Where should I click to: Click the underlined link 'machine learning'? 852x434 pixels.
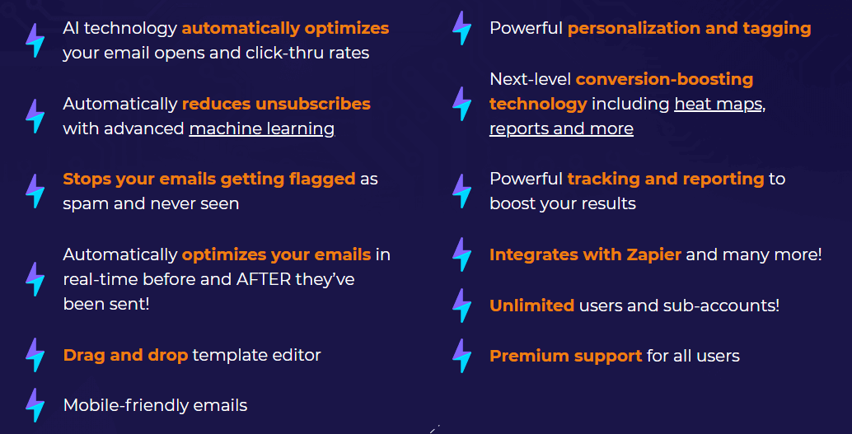tap(261, 129)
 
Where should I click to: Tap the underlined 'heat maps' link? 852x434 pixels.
tap(718, 104)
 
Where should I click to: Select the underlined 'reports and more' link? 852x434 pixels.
tap(561, 129)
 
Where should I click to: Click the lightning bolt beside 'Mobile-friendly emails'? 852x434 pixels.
tap(35, 404)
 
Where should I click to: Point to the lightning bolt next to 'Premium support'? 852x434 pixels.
tap(462, 356)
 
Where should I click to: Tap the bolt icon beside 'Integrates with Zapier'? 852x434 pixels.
tap(462, 254)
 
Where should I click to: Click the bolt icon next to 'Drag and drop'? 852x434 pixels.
tap(35, 355)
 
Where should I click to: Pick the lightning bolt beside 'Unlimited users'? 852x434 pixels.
tap(462, 306)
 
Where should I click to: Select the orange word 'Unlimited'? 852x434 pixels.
tap(532, 306)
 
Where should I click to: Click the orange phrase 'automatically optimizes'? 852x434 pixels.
tap(285, 29)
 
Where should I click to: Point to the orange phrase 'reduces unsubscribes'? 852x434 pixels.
tap(276, 103)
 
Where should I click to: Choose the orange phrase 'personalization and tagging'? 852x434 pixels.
tap(690, 29)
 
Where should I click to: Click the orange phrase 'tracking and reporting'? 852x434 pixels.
tap(666, 179)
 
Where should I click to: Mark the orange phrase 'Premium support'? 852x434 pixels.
tap(565, 357)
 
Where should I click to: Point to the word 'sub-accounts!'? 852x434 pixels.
tap(721, 306)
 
